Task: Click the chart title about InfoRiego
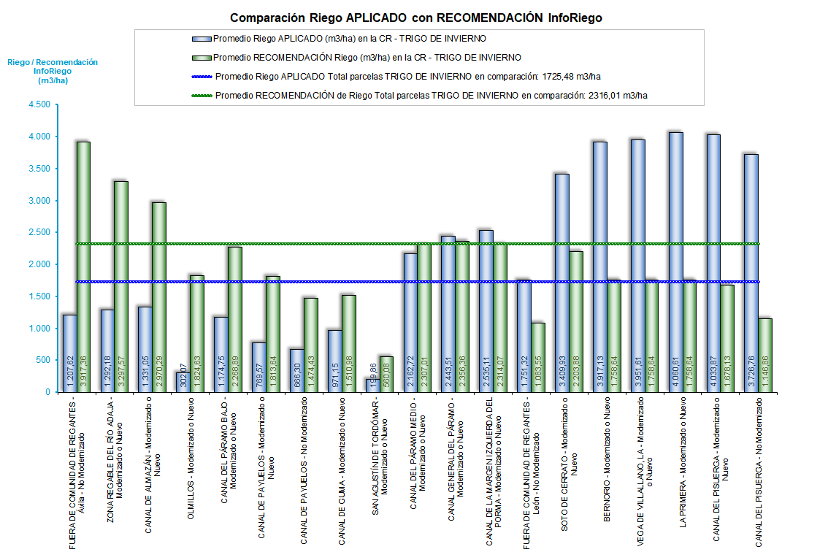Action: point(416,18)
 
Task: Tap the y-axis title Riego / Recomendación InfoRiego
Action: point(52,72)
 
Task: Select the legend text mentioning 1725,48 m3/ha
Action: point(408,76)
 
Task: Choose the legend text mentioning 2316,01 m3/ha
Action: point(432,95)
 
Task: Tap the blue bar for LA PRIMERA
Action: point(675,262)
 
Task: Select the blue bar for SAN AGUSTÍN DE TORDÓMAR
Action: point(373,385)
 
